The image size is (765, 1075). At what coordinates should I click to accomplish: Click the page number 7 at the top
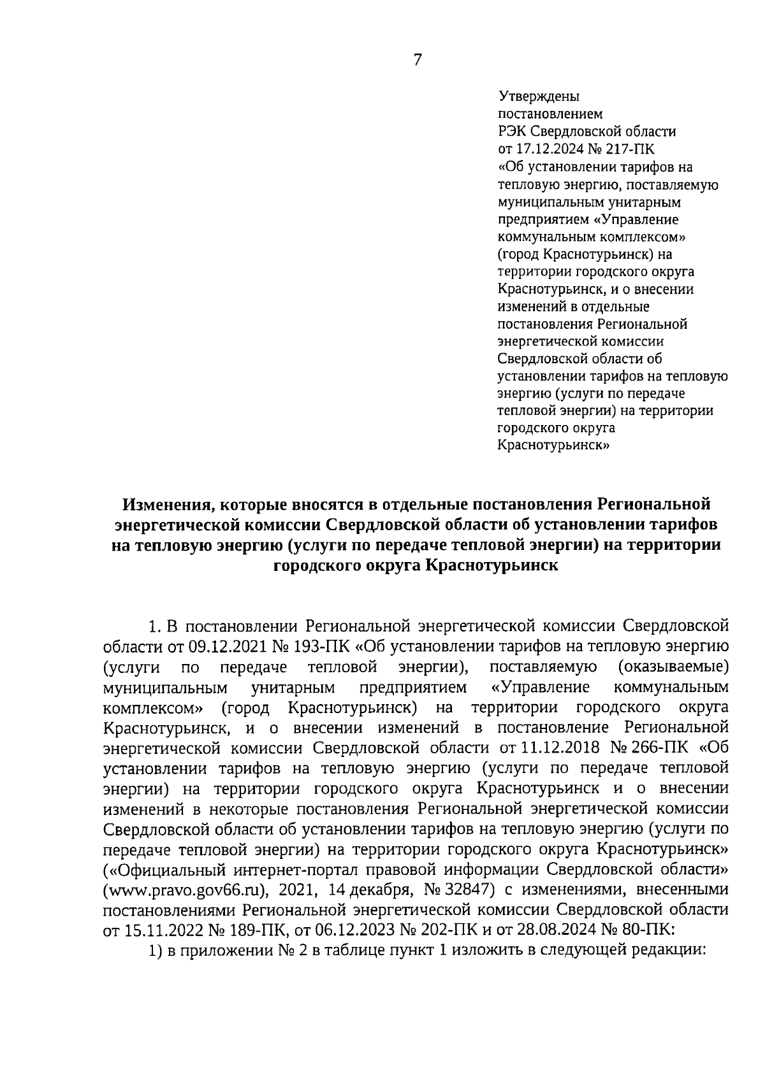(x=418, y=61)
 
